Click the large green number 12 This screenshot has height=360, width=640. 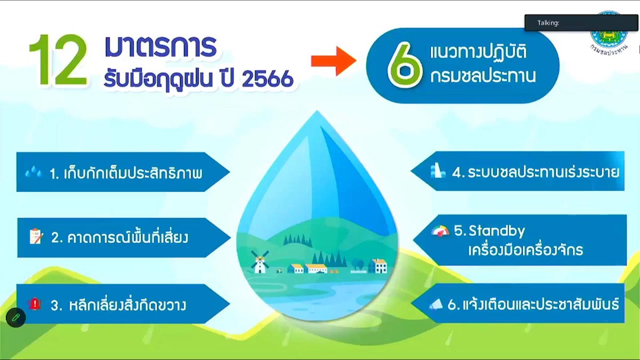(x=59, y=60)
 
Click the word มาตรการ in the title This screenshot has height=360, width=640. (x=161, y=46)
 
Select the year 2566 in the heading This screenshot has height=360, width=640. (x=267, y=78)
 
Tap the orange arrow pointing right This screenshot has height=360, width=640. (x=333, y=61)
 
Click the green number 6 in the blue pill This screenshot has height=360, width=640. (x=405, y=65)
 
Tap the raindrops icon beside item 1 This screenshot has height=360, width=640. (x=34, y=172)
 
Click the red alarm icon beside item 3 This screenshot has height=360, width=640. (x=35, y=303)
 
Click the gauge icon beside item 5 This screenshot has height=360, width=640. (x=441, y=231)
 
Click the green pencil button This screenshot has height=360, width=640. (x=16, y=317)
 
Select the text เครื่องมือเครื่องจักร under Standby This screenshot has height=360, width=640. (x=526, y=250)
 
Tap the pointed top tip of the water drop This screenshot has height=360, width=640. (x=317, y=111)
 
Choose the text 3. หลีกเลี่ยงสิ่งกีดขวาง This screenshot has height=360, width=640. (x=118, y=305)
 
